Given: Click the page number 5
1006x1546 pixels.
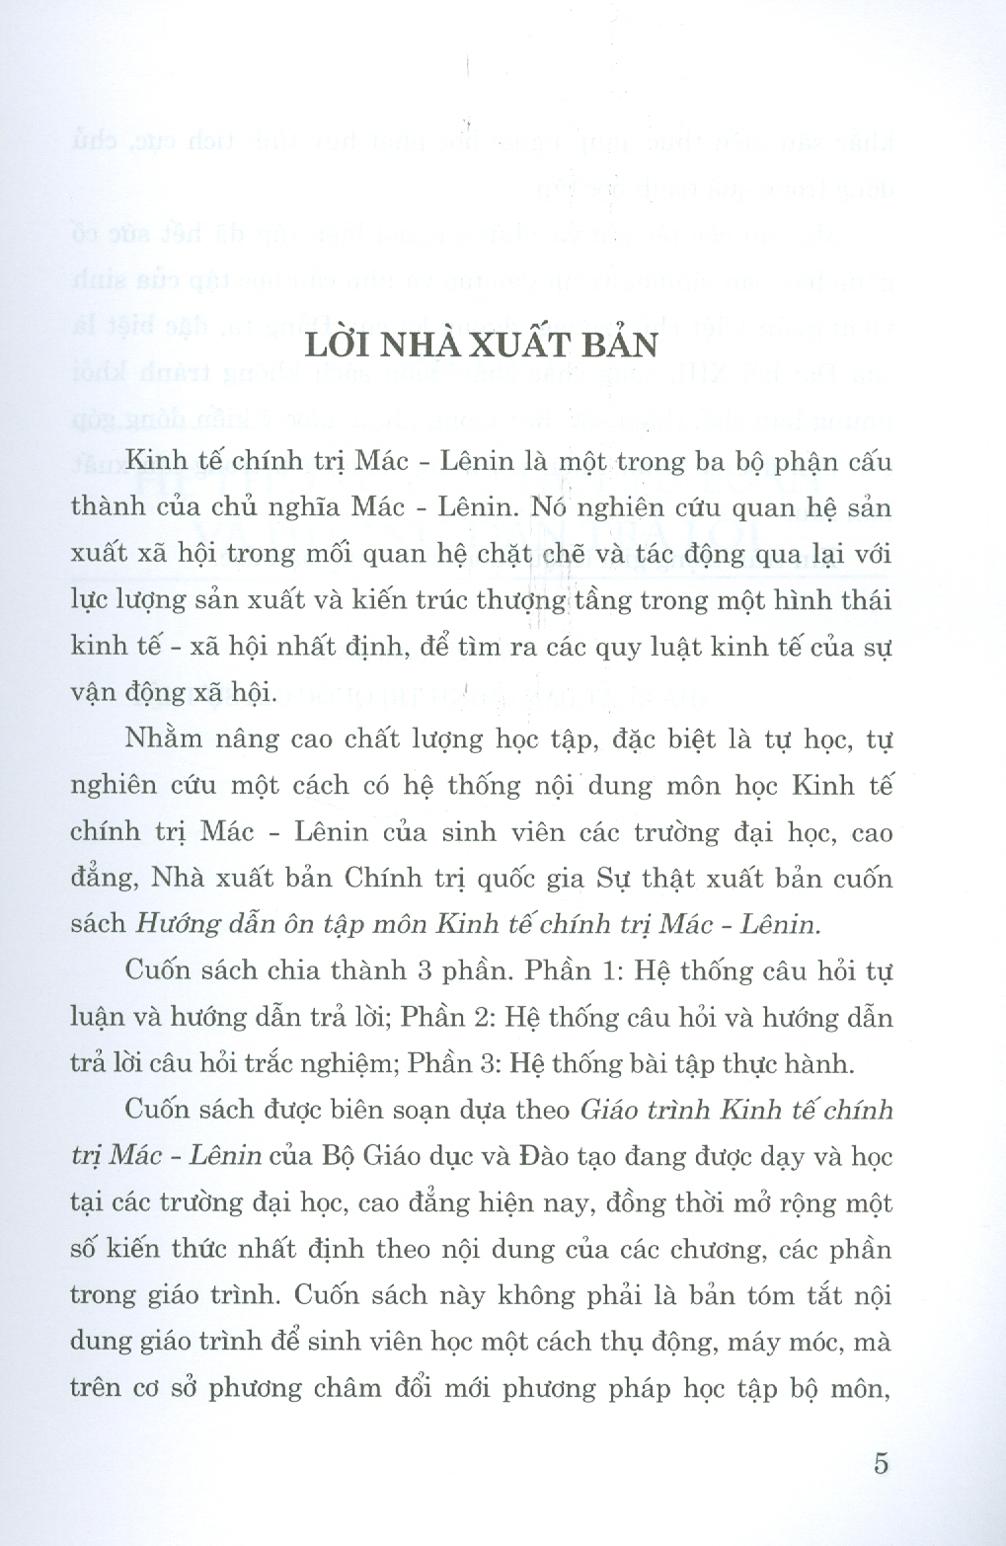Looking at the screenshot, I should click(x=881, y=1463).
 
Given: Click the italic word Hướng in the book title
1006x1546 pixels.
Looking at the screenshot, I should click(x=178, y=924).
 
